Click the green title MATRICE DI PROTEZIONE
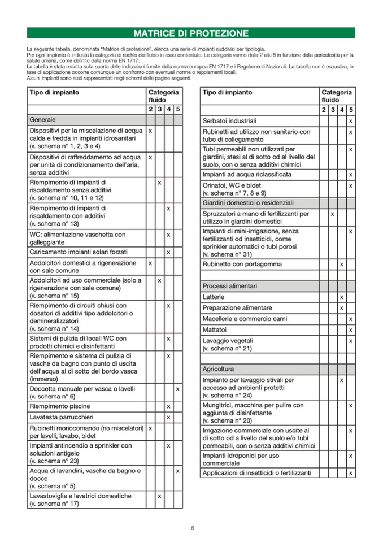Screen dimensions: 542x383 point(191,33)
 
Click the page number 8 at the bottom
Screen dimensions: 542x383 point(192,528)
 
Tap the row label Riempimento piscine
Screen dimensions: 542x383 point(60,406)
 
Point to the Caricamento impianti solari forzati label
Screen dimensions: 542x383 point(79,252)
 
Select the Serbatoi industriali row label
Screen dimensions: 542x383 point(229,121)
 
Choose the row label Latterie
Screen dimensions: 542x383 point(214,297)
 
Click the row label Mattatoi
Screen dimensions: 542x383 point(215,329)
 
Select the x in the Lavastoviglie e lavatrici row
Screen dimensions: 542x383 point(159,496)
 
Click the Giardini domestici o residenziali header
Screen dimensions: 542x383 point(248,202)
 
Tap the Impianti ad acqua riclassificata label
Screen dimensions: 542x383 point(247,175)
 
